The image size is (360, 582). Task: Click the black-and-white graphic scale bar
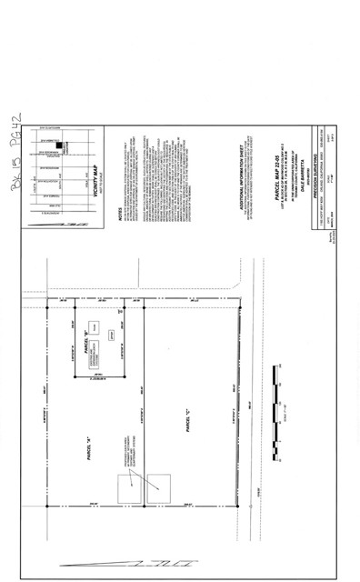[280, 413]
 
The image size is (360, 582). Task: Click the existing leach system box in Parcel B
[95, 360]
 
